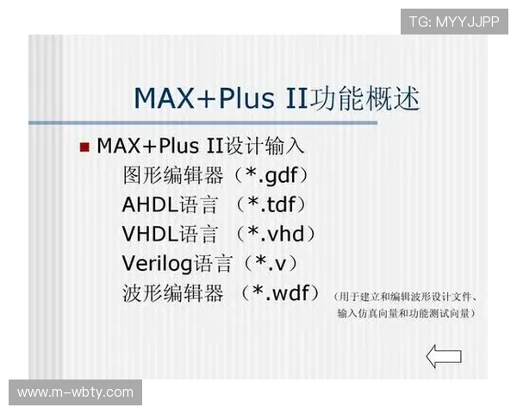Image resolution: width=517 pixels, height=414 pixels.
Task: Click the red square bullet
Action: [x=84, y=147]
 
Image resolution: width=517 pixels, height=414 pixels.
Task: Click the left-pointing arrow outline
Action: [x=444, y=356]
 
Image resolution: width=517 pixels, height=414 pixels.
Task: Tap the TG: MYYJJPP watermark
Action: [x=454, y=21]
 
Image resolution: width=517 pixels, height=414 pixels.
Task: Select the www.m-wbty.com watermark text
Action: [x=76, y=392]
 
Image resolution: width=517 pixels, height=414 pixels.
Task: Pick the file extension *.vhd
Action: [x=277, y=234]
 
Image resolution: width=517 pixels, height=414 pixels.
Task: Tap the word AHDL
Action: [x=150, y=204]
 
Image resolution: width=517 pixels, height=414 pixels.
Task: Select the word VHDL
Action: [x=150, y=234]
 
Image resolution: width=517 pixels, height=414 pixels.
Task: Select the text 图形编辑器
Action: [x=173, y=176]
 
